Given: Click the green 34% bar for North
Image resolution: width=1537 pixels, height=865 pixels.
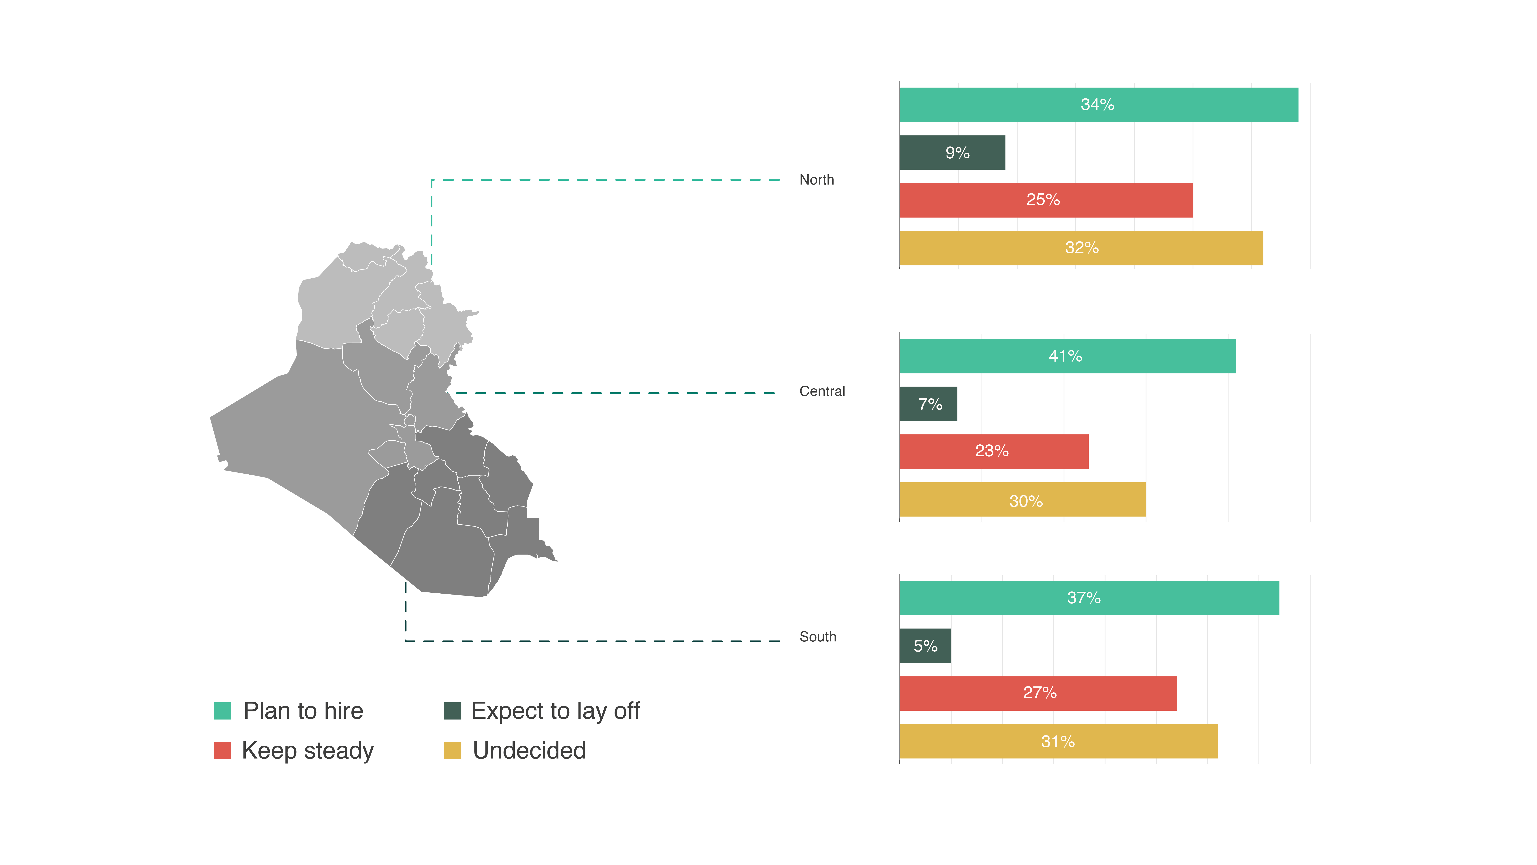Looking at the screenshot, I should click(1098, 105).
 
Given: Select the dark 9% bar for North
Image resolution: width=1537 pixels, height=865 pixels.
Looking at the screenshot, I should click(952, 153).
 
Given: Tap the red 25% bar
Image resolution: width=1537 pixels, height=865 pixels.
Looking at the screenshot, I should click(1046, 200).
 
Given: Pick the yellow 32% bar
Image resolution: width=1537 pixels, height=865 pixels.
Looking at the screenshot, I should click(1081, 248).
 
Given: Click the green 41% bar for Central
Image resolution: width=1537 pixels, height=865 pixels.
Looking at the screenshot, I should click(1068, 356).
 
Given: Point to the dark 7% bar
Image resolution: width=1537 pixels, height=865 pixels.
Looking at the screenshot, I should click(928, 404).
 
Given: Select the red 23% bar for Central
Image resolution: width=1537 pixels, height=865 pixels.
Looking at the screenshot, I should click(993, 451).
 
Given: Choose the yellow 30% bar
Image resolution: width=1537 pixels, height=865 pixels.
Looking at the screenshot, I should click(1022, 500).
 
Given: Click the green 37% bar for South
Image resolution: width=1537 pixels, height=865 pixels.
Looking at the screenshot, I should click(1089, 598).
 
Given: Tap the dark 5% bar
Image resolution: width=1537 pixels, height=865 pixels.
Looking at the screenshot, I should click(925, 646).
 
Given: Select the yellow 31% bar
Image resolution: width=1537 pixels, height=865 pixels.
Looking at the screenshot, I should click(1058, 741).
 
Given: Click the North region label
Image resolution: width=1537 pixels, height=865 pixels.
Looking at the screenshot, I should click(816, 180).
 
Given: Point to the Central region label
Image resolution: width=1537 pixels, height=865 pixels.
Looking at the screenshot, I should click(822, 392).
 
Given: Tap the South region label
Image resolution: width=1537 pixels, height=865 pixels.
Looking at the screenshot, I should click(817, 637).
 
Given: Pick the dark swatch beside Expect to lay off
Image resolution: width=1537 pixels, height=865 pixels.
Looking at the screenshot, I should click(452, 711).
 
